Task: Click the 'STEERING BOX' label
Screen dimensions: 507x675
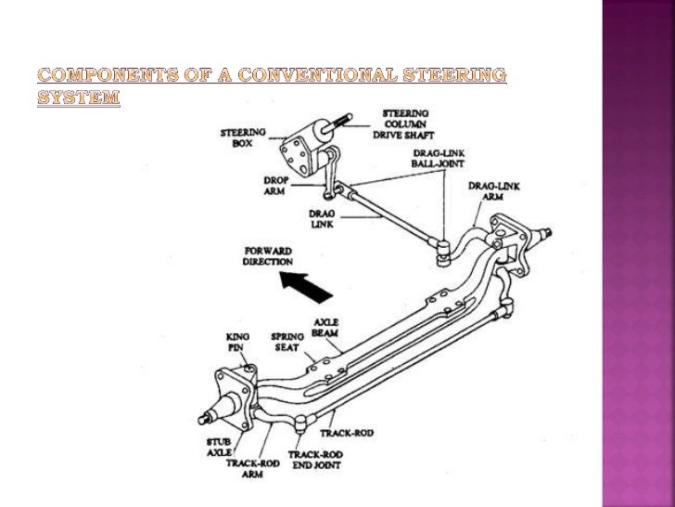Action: [x=243, y=138]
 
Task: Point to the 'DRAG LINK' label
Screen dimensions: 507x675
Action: [x=321, y=217]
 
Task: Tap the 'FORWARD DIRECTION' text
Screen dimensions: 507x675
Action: [x=267, y=256]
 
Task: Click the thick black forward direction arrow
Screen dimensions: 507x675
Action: [x=307, y=284]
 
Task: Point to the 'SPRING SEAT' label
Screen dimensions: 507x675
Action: [x=286, y=341]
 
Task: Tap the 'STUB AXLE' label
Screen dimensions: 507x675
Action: [x=219, y=448]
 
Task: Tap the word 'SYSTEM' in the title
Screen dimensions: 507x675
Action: [x=79, y=97]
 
